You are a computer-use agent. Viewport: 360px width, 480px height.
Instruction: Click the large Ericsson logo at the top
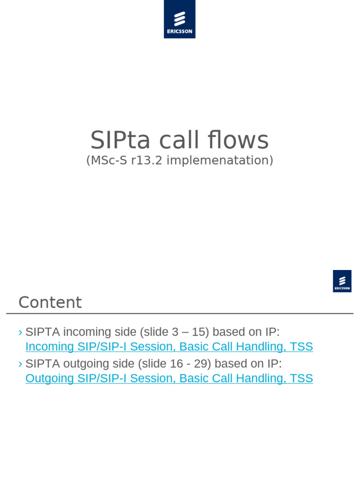click(180, 19)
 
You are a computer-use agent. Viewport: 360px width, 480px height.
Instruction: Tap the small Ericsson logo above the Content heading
click(342, 281)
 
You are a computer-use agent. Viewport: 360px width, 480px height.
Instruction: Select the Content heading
click(50, 302)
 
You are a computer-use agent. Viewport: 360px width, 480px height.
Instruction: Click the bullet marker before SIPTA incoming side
click(20, 332)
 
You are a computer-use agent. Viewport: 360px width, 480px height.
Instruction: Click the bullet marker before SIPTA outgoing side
click(20, 364)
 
